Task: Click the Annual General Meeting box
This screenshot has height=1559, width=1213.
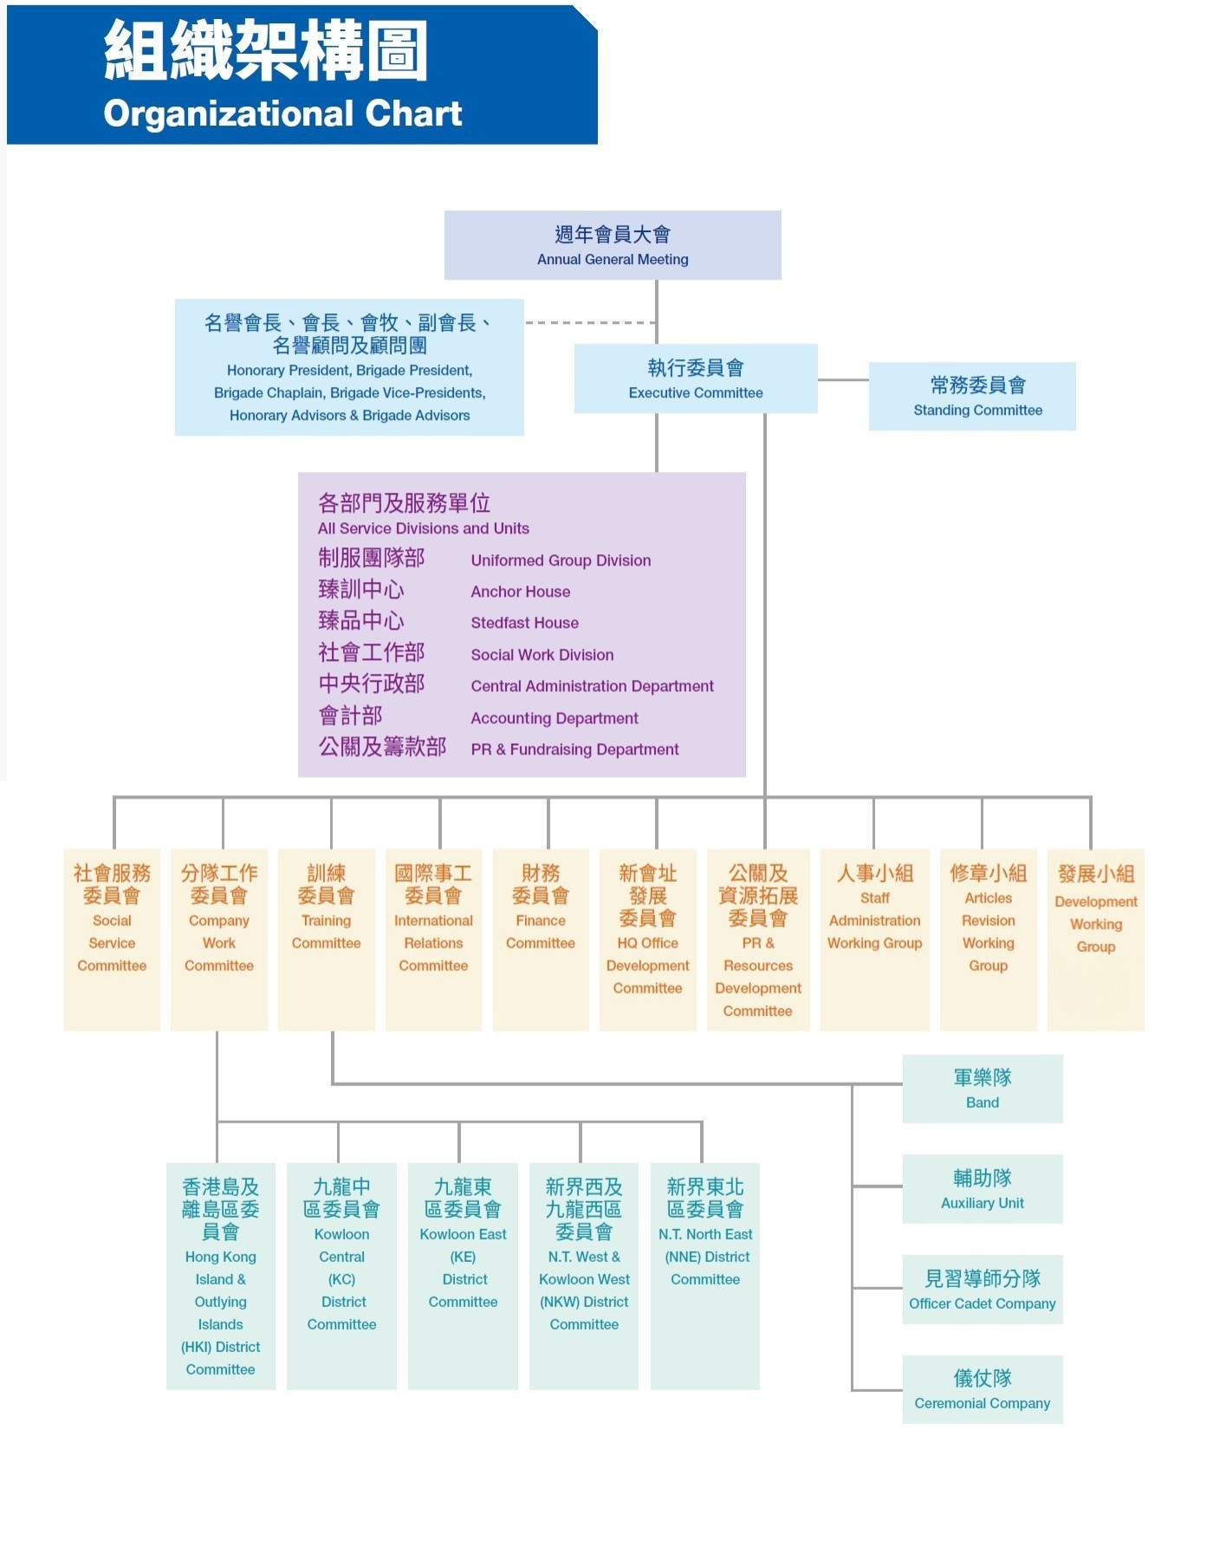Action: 613,245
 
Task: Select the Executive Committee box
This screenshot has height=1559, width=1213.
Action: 696,378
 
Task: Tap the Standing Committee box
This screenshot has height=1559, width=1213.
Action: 972,396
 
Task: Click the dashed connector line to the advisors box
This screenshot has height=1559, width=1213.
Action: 589,323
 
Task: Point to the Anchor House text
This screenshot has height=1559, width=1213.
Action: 521,592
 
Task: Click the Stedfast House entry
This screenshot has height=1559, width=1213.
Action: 524,623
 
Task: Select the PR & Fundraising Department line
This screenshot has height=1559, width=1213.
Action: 574,749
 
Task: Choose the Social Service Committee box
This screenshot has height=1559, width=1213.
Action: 112,939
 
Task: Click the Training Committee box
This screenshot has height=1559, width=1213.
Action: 326,939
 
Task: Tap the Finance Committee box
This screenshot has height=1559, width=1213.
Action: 541,939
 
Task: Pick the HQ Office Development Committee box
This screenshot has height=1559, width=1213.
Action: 647,939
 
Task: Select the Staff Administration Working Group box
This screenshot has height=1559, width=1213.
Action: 874,939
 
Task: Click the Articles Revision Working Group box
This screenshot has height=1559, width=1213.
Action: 988,939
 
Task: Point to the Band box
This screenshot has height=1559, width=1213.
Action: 983,1089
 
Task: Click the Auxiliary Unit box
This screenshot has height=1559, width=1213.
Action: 983,1188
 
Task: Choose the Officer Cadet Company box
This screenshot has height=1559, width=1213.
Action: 983,1289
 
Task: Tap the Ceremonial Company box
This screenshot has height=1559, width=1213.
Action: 983,1389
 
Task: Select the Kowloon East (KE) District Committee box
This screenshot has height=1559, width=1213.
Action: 463,1275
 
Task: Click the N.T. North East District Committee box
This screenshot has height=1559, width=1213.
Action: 705,1275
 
